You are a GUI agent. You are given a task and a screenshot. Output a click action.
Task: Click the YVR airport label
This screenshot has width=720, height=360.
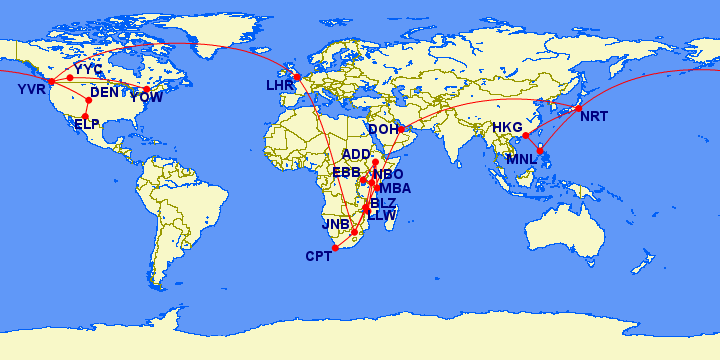click(x=31, y=91)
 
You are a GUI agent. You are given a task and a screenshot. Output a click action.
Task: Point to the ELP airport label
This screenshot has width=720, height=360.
click(x=87, y=124)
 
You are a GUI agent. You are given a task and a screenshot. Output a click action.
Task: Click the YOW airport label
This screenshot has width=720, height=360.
click(x=146, y=98)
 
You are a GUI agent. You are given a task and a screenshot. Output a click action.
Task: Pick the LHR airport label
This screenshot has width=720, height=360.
click(x=279, y=86)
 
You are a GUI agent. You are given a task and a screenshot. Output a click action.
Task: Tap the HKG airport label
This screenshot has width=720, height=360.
click(x=508, y=128)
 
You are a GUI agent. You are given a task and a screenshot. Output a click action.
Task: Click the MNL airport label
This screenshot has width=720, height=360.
click(x=522, y=159)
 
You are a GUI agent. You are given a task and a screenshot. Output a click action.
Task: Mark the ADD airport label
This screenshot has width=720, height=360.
click(x=356, y=154)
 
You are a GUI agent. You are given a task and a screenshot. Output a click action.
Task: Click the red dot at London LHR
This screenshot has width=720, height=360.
click(x=296, y=76)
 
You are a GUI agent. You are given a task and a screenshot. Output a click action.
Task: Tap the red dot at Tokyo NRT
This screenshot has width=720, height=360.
click(x=578, y=108)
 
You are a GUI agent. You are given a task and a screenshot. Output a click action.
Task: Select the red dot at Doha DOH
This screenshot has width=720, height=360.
click(x=400, y=129)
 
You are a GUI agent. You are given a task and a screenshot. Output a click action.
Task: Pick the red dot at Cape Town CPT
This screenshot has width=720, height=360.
click(x=334, y=248)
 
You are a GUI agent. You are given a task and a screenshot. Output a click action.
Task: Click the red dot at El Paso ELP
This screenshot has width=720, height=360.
click(x=85, y=116)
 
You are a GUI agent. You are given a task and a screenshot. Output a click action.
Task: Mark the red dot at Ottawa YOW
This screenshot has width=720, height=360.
click(x=147, y=89)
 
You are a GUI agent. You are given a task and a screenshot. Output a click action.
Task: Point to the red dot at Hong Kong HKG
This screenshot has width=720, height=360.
click(x=526, y=135)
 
